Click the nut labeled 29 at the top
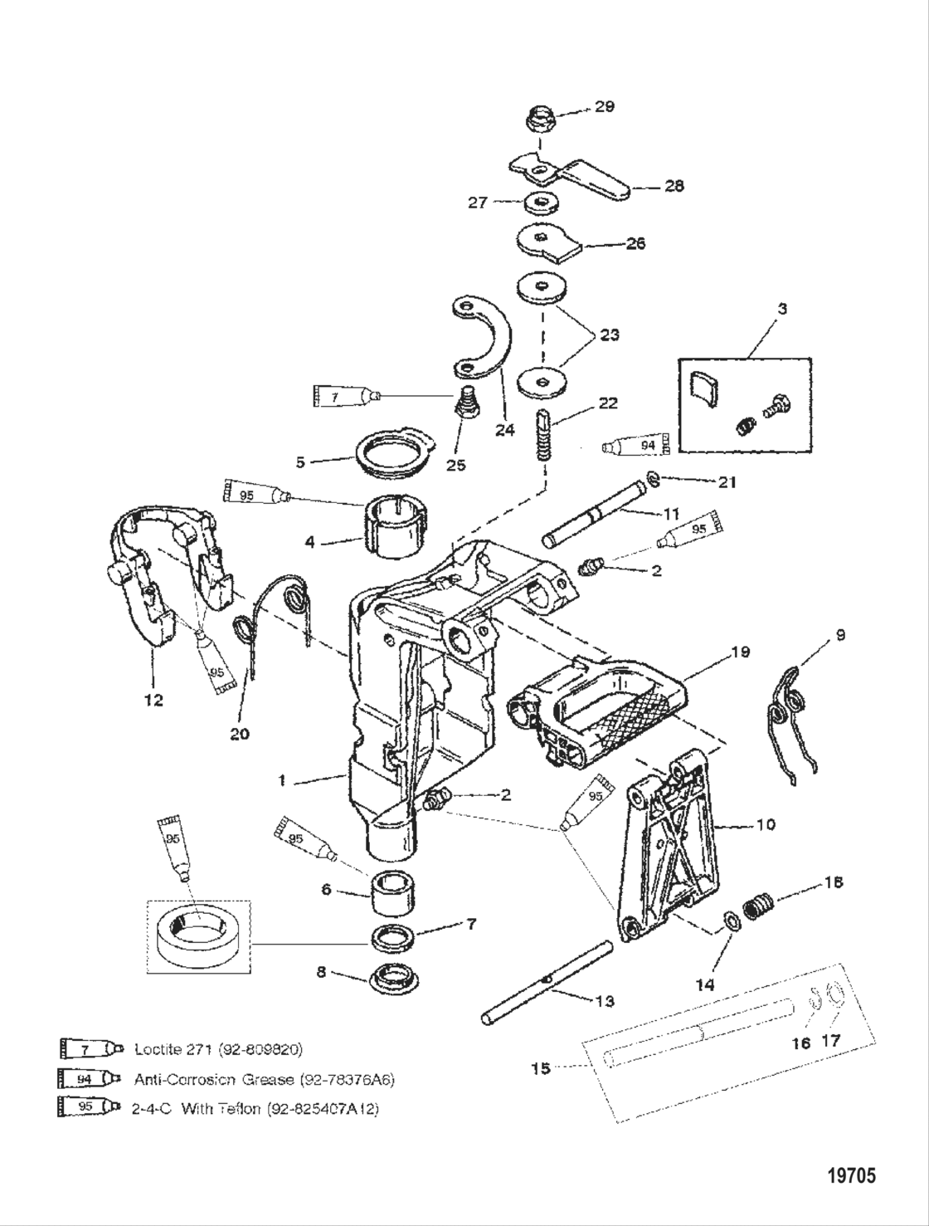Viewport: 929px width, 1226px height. tap(541, 120)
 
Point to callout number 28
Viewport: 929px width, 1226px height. tap(674, 186)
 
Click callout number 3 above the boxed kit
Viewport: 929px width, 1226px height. tap(782, 309)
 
